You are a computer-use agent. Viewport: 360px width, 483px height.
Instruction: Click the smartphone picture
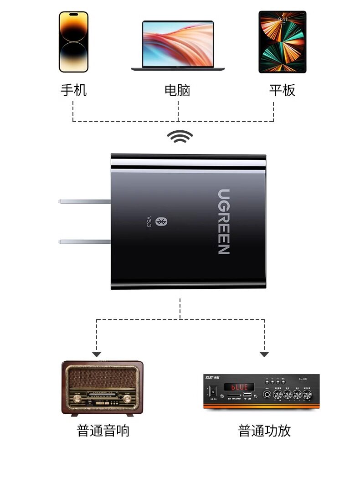point(73,41)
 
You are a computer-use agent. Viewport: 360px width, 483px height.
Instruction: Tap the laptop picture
point(178,46)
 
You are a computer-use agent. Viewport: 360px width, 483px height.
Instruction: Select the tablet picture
point(282,42)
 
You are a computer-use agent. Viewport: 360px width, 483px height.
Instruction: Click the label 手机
point(73,90)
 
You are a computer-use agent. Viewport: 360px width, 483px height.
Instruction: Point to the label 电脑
point(177,90)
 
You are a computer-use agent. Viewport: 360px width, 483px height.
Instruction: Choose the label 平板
point(282,90)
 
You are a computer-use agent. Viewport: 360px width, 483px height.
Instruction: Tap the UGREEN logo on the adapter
point(223,221)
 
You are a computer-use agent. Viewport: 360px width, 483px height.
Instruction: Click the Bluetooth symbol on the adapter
point(160,221)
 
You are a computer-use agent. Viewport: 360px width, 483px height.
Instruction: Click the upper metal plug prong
point(85,201)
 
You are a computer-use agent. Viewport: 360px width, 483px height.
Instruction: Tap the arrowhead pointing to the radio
point(96,354)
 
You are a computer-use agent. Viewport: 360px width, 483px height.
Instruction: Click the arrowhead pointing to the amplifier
point(264,354)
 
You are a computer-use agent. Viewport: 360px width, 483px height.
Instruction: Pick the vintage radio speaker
point(102,387)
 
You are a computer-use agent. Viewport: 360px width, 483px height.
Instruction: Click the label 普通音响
point(103,431)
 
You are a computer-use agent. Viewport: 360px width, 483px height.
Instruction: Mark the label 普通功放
point(264,431)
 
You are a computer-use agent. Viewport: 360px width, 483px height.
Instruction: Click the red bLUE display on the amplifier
point(239,387)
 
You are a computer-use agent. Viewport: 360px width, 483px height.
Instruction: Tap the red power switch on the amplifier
point(212,391)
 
